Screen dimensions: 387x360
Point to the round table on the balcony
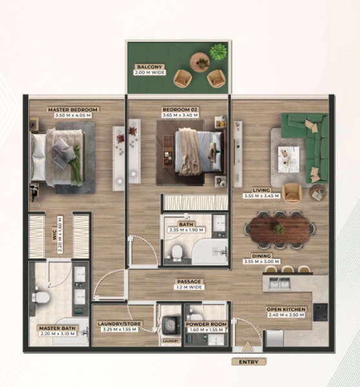pyautogui.click(x=199, y=63)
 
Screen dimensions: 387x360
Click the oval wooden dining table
pyautogui.click(x=279, y=229)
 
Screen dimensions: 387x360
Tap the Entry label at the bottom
pyautogui.click(x=248, y=362)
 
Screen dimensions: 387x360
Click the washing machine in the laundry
pyautogui.click(x=170, y=324)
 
